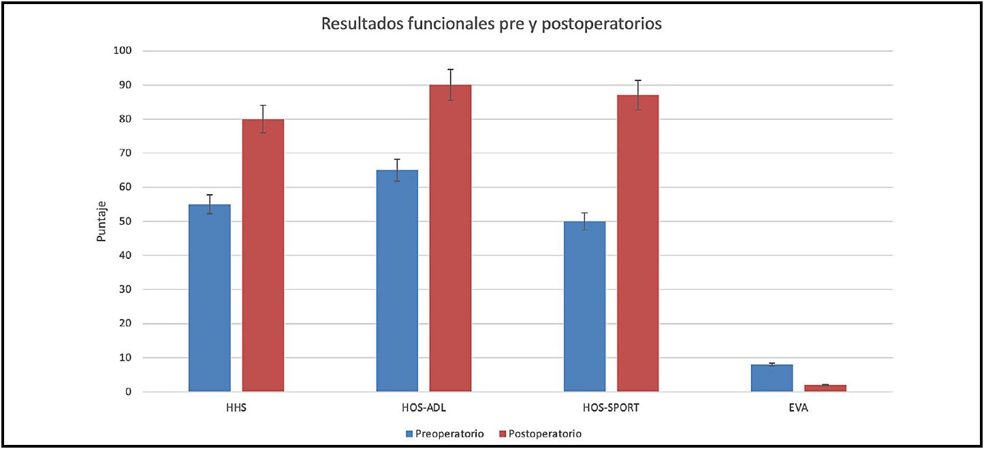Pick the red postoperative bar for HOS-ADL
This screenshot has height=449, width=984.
(450, 238)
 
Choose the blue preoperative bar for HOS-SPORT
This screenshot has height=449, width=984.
(585, 307)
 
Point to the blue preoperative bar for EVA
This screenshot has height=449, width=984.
(772, 378)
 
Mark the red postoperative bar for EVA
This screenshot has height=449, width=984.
(825, 388)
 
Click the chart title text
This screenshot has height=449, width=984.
(492, 25)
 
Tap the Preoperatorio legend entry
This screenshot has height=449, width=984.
(445, 433)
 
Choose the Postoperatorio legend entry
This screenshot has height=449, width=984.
(541, 433)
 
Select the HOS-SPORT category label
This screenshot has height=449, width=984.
(611, 409)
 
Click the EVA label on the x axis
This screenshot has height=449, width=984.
(799, 409)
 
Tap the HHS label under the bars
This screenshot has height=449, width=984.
(236, 409)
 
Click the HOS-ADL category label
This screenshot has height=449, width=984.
(424, 409)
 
